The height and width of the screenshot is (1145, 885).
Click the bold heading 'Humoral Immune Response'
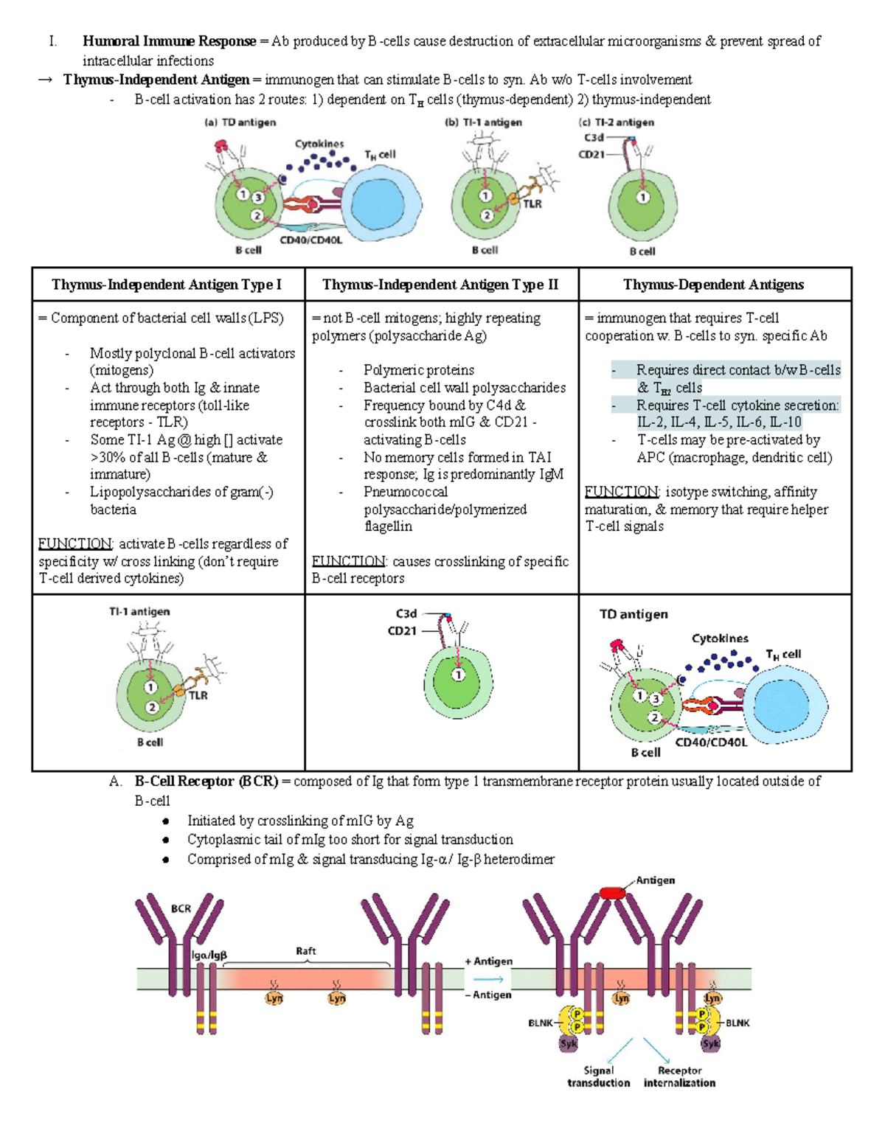(169, 41)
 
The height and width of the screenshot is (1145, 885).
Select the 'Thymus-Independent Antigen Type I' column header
(167, 285)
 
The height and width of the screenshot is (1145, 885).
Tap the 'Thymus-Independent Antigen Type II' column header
(440, 285)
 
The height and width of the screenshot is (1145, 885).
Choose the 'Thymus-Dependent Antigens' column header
(713, 285)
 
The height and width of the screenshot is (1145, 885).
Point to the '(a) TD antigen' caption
(240, 122)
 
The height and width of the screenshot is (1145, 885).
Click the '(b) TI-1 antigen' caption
(483, 122)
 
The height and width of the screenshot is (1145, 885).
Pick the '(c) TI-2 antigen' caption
(617, 122)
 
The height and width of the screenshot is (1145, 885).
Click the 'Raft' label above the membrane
(306, 951)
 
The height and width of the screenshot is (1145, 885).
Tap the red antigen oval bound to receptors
(612, 893)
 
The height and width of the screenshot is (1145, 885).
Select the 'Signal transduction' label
(598, 1076)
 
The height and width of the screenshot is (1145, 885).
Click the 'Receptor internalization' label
(679, 1076)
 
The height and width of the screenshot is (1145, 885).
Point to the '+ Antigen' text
(488, 961)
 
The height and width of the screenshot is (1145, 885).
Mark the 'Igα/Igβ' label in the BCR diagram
(209, 955)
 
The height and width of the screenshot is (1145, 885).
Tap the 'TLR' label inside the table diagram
(198, 695)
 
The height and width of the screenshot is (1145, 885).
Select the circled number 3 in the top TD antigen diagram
(257, 198)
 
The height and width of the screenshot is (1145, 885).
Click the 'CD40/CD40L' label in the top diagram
(310, 240)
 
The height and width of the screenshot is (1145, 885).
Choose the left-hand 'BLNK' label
(540, 1023)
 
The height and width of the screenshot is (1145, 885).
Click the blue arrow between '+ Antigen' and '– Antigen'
(488, 979)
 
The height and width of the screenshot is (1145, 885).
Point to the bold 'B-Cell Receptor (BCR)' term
(206, 782)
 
